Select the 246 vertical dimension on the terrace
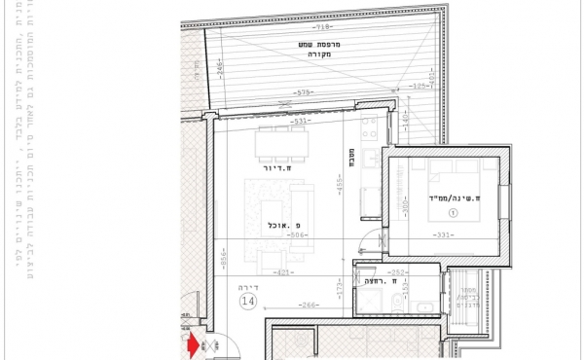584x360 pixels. (220, 69)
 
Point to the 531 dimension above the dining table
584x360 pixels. (287, 122)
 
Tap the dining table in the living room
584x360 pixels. (281, 145)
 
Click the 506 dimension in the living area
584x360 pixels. (297, 234)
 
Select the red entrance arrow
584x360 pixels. (192, 343)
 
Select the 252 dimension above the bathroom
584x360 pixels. (395, 271)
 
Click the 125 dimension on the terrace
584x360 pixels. (420, 87)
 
